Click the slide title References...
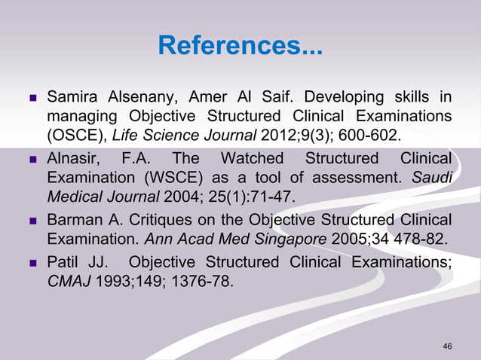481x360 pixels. pos(239,47)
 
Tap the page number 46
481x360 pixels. pos(448,346)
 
